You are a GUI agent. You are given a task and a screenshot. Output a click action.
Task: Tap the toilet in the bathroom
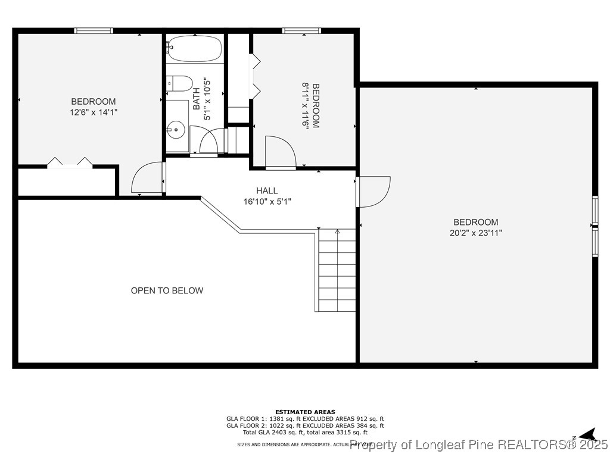[x=179, y=83]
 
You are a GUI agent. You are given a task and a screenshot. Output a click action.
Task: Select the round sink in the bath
[x=176, y=129]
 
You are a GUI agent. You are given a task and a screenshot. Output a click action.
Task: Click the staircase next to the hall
[x=337, y=271]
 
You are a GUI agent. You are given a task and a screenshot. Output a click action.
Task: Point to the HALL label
[x=267, y=191]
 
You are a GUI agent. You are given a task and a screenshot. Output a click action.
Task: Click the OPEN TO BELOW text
[x=167, y=291]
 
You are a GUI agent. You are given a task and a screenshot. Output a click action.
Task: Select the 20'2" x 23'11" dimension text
[x=475, y=233]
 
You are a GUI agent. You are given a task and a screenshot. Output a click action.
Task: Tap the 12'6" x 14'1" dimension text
[x=94, y=112]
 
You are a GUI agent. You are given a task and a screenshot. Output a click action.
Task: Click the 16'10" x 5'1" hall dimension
[x=267, y=202]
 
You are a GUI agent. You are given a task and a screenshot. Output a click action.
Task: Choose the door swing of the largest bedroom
[x=374, y=192]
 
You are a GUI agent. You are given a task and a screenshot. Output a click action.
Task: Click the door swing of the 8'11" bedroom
[x=280, y=152]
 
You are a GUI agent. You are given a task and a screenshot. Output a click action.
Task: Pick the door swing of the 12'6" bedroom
[x=147, y=178]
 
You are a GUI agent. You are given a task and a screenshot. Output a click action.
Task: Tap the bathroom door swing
[x=208, y=142]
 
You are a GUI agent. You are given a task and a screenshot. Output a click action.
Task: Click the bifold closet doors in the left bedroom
[x=70, y=162]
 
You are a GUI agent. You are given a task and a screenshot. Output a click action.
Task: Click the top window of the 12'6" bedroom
[x=94, y=30]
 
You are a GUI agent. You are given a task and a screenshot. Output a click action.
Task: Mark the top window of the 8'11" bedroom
[x=301, y=30]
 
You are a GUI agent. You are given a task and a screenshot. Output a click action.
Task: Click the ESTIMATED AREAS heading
[x=305, y=412]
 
